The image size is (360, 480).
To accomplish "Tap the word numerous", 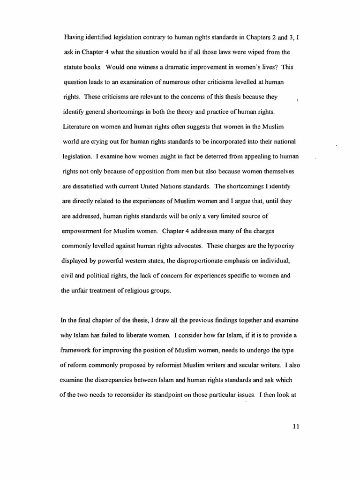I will [x=186, y=82].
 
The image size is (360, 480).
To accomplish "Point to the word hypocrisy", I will [x=277, y=247].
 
